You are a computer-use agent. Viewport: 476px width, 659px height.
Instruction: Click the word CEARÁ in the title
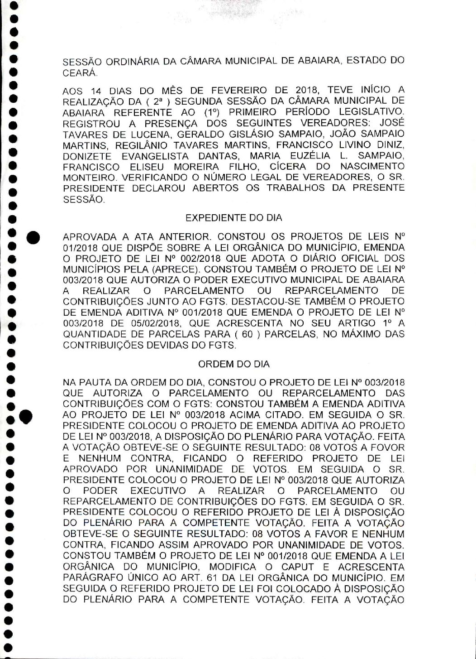[73, 72]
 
